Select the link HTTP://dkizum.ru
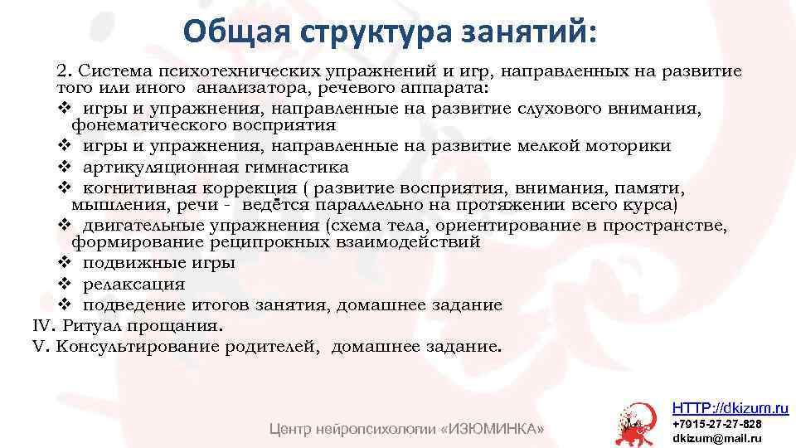[730, 407]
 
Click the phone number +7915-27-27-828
[716, 423]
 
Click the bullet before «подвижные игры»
[64, 263]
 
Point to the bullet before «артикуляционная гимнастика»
[64, 166]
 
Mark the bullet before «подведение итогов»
[64, 304]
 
